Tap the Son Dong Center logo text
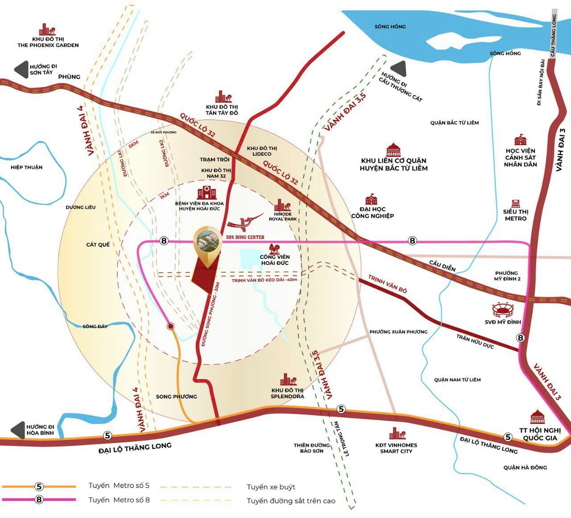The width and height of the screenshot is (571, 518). click(x=245, y=237)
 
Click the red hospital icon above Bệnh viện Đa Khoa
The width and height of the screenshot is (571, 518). click(x=207, y=193)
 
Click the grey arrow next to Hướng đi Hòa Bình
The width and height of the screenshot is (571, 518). click(x=18, y=430)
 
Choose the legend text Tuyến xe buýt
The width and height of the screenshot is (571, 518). click(x=271, y=487)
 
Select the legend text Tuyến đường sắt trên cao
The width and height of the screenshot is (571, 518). click(x=291, y=501)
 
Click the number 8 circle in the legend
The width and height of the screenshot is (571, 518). click(x=39, y=500)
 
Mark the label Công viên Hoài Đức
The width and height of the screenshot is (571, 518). click(x=275, y=260)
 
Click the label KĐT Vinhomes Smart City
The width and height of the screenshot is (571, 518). click(x=396, y=448)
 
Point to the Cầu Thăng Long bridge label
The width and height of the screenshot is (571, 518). click(x=554, y=36)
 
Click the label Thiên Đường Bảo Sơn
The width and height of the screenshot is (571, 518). click(x=312, y=448)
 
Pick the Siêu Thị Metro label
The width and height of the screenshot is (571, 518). click(x=516, y=215)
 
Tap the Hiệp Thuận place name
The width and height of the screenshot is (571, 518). click(x=27, y=167)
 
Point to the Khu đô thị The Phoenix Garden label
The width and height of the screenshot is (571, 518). click(x=48, y=42)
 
